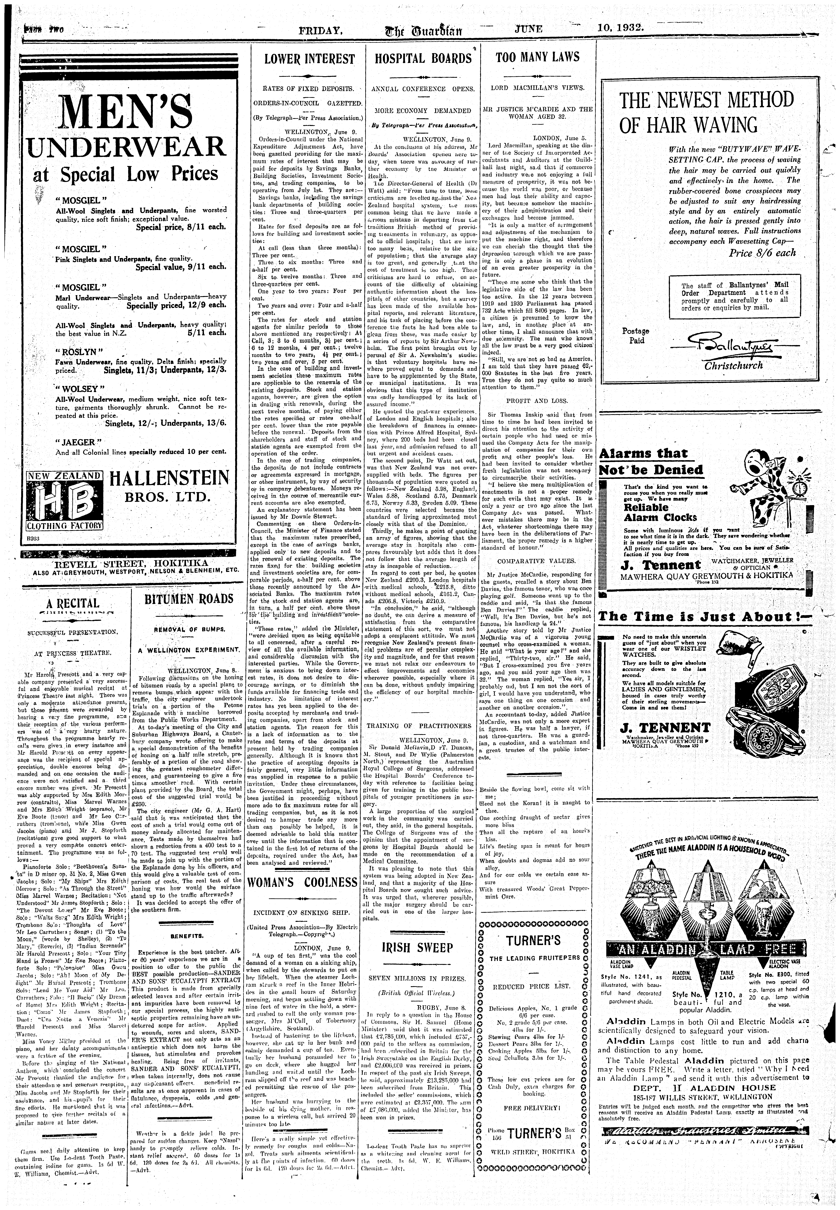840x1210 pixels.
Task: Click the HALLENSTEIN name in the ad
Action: pos(169,479)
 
